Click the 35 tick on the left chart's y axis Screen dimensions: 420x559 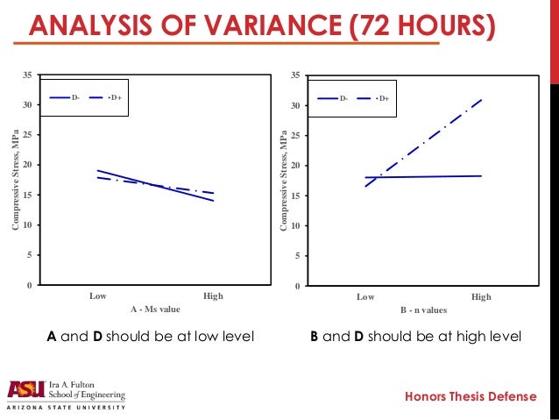[x=30, y=75]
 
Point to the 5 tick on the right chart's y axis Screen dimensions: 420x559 [x=300, y=256]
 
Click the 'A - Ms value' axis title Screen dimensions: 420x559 [x=155, y=310]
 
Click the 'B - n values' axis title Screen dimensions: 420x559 [x=422, y=310]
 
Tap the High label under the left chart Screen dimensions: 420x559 [x=213, y=296]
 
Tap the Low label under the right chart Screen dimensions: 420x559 [x=365, y=297]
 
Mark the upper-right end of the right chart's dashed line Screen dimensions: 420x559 [x=482, y=100]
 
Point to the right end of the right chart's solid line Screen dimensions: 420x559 [x=481, y=176]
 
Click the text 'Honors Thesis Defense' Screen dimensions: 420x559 [x=470, y=397]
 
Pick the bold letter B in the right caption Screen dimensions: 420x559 [x=315, y=336]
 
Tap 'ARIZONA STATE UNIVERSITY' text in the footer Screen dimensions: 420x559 [x=66, y=408]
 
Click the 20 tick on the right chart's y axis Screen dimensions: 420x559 [x=298, y=166]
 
